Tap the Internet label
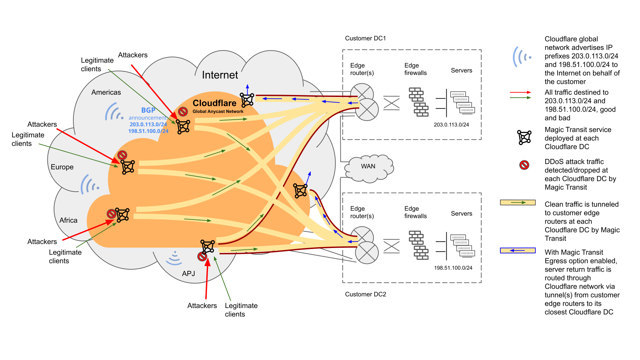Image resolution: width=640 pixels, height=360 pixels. tap(220, 75)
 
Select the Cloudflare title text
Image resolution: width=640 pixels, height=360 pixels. tap(214, 103)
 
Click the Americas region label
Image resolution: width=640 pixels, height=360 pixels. tap(106, 92)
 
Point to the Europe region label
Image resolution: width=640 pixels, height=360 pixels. tap(62, 167)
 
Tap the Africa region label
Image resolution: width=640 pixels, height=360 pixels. tap(68, 220)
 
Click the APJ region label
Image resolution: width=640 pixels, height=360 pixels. tap(188, 274)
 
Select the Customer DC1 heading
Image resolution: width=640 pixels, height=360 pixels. tap(365, 38)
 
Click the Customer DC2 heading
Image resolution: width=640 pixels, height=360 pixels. tap(365, 294)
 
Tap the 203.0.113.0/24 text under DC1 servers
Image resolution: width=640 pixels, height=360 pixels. tap(451, 125)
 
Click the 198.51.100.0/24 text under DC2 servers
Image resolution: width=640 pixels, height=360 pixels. tap(453, 268)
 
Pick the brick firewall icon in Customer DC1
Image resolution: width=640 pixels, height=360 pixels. tap(419, 102)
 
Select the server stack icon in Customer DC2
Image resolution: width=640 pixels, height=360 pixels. tap(462, 245)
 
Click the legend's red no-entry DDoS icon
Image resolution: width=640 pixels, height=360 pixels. tap(524, 165)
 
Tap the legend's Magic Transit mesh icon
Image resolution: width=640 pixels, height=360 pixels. tap(524, 137)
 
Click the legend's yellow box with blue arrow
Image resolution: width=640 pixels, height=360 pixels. tap(518, 250)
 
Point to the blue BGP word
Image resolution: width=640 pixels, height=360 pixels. tap(148, 110)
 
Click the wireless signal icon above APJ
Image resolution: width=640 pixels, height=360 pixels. tap(174, 258)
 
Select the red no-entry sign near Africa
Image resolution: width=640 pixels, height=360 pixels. tap(111, 214)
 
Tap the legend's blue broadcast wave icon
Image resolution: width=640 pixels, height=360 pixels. tap(521, 57)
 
